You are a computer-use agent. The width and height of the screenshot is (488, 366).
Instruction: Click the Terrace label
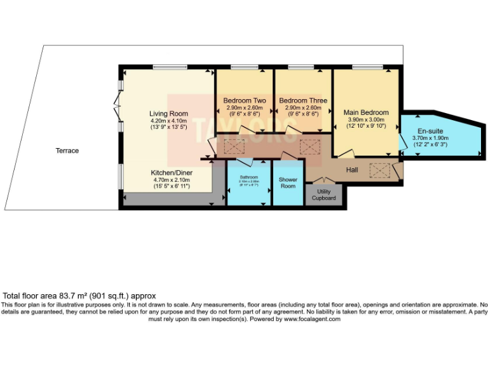coord(67,151)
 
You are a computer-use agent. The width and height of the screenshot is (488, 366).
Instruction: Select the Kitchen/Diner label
coord(172,172)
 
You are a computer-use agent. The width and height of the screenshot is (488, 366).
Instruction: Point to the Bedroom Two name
coord(244,100)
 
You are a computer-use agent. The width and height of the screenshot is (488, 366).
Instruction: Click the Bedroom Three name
coord(303,100)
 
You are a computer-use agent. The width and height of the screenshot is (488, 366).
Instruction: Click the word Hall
coord(352,170)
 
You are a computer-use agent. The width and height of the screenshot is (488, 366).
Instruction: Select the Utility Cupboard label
coord(324,195)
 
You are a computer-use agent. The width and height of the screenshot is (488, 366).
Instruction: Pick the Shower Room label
coord(288,183)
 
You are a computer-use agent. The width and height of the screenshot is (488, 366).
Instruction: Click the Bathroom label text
coord(248,177)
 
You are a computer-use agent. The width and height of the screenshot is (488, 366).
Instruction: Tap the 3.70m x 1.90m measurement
coord(430,137)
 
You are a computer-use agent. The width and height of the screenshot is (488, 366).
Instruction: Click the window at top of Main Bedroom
coord(364,67)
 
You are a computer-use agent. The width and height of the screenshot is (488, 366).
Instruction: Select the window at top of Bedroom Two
coord(240,67)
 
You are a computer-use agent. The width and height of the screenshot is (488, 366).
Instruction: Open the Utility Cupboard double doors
coord(324,182)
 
